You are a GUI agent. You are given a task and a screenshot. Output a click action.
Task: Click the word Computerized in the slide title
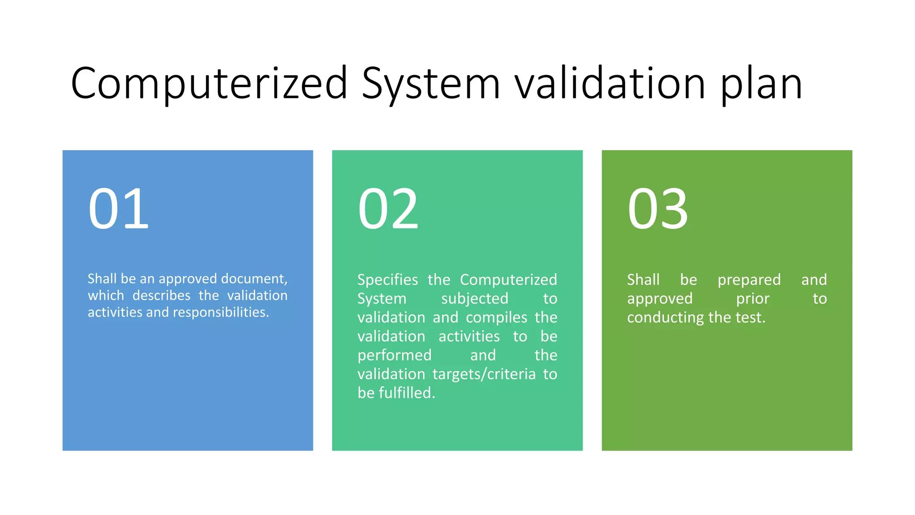pyautogui.click(x=209, y=83)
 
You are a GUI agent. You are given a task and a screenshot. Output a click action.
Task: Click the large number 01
pyautogui.click(x=118, y=209)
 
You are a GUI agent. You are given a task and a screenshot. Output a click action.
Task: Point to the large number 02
pyautogui.click(x=388, y=209)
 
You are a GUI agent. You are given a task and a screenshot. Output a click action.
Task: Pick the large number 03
pyautogui.click(x=658, y=209)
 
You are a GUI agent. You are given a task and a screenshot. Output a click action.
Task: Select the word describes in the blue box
pyautogui.click(x=161, y=295)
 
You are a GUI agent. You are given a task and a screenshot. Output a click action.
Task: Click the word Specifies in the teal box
pyautogui.click(x=387, y=280)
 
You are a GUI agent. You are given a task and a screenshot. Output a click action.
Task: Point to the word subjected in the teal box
pyautogui.click(x=474, y=299)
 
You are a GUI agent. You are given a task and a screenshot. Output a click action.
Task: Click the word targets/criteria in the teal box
pyautogui.click(x=484, y=374)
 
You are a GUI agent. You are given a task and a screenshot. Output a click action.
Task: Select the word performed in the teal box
pyautogui.click(x=395, y=355)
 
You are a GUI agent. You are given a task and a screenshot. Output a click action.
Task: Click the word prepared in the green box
pyautogui.click(x=749, y=280)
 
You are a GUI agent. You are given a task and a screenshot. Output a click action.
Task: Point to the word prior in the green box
pyautogui.click(x=753, y=299)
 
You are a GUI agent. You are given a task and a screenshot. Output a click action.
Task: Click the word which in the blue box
pyautogui.click(x=106, y=295)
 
